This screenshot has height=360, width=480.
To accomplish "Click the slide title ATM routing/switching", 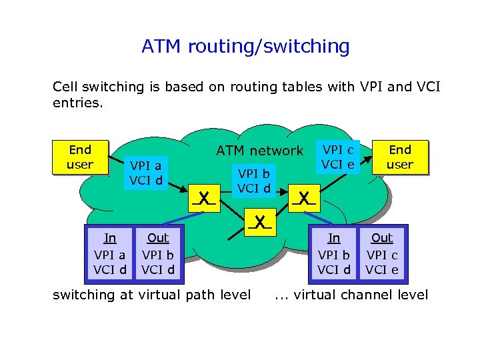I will click(x=245, y=47).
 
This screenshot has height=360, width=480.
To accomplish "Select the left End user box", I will click(x=80, y=157).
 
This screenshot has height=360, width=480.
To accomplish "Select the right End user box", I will click(x=400, y=157).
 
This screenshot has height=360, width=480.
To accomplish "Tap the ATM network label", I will click(x=259, y=151).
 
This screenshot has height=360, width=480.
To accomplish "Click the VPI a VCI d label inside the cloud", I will click(x=146, y=173).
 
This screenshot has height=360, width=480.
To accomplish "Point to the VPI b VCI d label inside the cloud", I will click(x=254, y=180).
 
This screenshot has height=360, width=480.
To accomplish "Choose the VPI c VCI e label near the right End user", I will click(x=338, y=156).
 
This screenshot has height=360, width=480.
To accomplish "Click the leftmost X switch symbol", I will click(x=205, y=198).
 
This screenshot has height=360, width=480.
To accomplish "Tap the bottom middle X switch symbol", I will click(x=259, y=221).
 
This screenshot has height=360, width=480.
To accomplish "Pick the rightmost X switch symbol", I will click(x=304, y=198).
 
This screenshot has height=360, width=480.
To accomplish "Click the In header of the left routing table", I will click(x=110, y=238).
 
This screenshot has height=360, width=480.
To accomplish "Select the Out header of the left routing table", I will click(x=158, y=238).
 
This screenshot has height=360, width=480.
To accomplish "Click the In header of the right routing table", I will click(x=334, y=238).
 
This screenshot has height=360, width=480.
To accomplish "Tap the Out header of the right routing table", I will click(x=382, y=238).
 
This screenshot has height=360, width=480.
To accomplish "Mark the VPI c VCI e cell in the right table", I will click(x=382, y=262).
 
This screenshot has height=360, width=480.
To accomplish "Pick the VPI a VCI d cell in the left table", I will click(x=110, y=262).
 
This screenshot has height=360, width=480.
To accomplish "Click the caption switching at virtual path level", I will click(x=151, y=295).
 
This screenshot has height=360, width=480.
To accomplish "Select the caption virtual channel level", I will click(x=360, y=295).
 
